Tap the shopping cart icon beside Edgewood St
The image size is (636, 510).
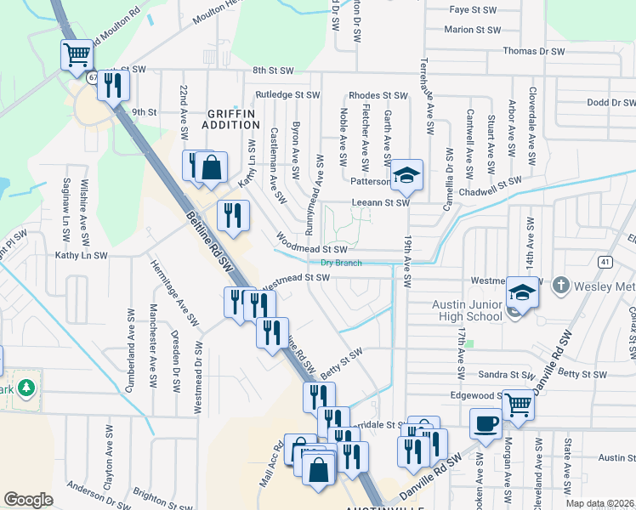coord(517,405)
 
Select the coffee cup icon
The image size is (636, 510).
coord(486,422)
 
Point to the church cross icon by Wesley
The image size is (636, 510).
coord(559,286)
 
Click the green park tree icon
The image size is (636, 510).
coord(26,388)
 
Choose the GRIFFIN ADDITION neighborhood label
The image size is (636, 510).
coord(230,118)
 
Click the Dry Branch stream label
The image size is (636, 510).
coord(341,263)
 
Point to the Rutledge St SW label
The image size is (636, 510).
coord(287,94)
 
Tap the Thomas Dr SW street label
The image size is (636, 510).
coord(534,51)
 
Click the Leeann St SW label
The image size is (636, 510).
coord(380,203)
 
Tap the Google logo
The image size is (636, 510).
coord(28,500)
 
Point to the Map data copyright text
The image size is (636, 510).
coord(600,503)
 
